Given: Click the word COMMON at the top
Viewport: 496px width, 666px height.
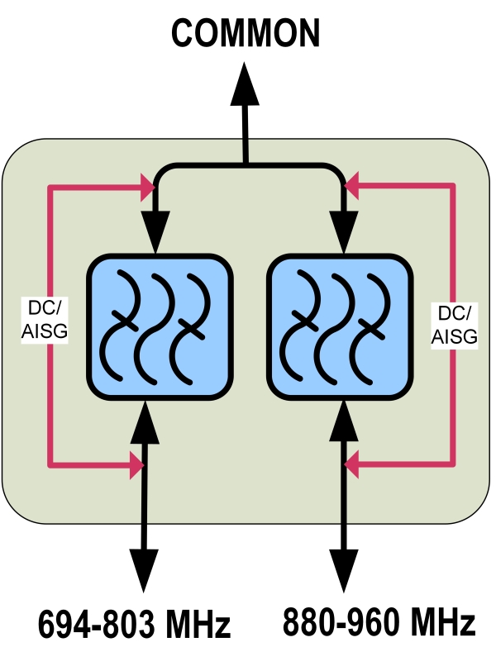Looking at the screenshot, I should [246, 34].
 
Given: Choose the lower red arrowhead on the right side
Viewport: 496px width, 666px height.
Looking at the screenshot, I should [353, 467].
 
